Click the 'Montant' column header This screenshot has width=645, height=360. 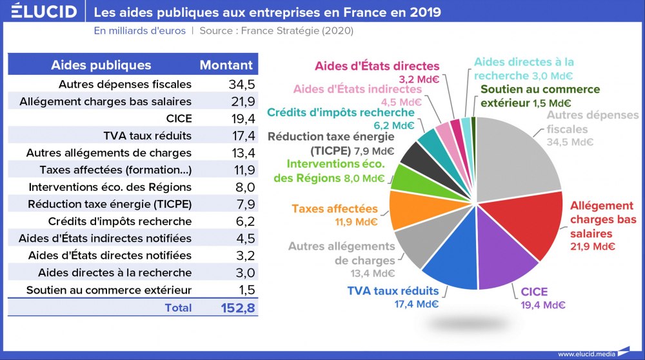[x=226, y=65]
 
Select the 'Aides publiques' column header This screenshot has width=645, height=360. [x=101, y=65]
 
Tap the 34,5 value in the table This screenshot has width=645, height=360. [x=242, y=85]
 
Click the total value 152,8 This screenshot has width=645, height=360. [x=238, y=308]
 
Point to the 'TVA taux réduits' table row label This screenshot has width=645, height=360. [x=147, y=135]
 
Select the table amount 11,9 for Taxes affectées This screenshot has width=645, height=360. [x=242, y=170]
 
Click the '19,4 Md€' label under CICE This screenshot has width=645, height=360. [x=542, y=305]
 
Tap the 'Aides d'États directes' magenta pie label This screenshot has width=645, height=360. [x=377, y=66]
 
